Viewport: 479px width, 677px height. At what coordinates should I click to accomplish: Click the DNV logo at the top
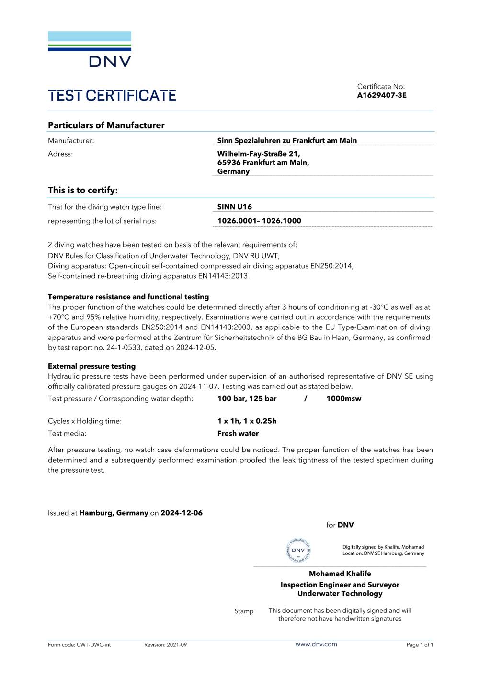pyautogui.click(x=90, y=49)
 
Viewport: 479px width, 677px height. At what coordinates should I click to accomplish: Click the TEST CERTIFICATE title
pyautogui.click(x=112, y=96)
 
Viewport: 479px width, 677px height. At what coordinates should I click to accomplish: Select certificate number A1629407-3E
pyautogui.click(x=382, y=95)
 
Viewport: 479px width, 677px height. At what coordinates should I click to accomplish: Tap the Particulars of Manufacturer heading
pyautogui.click(x=106, y=125)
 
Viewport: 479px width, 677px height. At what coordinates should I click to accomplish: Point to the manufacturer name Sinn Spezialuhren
pyautogui.click(x=287, y=141)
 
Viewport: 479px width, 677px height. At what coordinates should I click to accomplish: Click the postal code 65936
pyautogui.click(x=228, y=163)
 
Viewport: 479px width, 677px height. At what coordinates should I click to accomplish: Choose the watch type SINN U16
pyautogui.click(x=234, y=207)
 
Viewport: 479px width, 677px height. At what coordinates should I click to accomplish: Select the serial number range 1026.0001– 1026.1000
pyautogui.click(x=259, y=221)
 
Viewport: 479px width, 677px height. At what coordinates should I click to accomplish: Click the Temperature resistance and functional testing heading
pyautogui.click(x=128, y=297)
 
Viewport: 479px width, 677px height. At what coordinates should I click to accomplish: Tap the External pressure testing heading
pyautogui.click(x=91, y=366)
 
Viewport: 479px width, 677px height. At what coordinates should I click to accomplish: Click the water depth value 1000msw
pyautogui.click(x=343, y=399)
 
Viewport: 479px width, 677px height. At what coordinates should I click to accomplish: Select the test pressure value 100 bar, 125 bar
pyautogui.click(x=247, y=399)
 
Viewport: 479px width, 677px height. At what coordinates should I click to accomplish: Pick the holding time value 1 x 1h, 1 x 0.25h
pyautogui.click(x=247, y=421)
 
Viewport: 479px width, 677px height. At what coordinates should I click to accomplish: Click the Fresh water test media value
pyautogui.click(x=238, y=434)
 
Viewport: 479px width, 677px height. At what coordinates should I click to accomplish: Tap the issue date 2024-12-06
pyautogui.click(x=182, y=513)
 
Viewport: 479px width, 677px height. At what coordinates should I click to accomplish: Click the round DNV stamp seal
pyautogui.click(x=298, y=550)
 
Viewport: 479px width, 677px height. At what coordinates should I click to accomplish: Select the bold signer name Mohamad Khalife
pyautogui.click(x=340, y=574)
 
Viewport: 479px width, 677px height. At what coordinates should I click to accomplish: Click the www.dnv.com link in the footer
pyautogui.click(x=316, y=644)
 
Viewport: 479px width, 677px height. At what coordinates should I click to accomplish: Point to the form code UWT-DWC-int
pyautogui.click(x=93, y=645)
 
